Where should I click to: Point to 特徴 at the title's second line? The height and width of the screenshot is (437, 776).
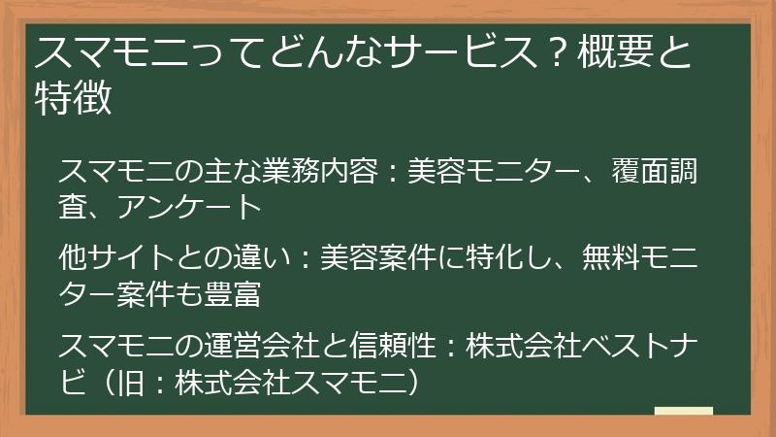74,98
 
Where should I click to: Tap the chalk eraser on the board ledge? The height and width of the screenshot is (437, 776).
684,411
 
